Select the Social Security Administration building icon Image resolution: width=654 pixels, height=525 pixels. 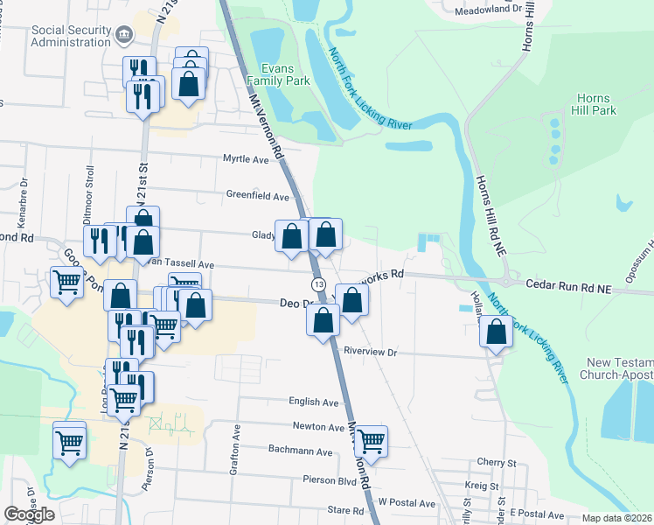tap(124, 36)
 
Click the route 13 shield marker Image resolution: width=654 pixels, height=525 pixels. tap(318, 285)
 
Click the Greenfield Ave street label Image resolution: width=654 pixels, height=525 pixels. tap(257, 196)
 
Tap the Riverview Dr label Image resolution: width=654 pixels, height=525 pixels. tap(371, 352)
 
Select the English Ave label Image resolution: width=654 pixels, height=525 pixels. tap(314, 402)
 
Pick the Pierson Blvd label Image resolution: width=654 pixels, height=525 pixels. tap(329, 480)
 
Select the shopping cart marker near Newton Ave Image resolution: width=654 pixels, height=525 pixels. tap(372, 442)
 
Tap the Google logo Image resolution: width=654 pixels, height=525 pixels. tap(30, 514)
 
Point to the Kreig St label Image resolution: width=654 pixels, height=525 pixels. tap(482, 486)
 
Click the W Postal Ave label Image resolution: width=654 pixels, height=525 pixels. tap(407, 503)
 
